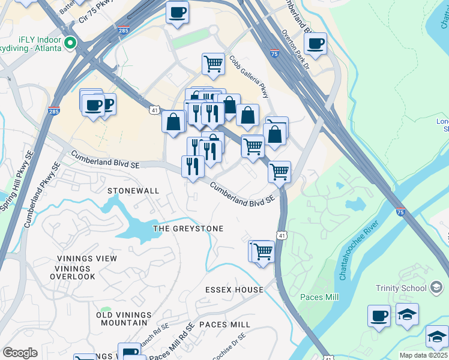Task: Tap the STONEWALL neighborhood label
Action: coord(133,191)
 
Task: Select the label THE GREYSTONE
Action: coord(188,229)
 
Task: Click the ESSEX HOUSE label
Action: coord(234,290)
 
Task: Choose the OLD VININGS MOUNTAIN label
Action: coord(124,319)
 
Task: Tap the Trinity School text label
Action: coord(401,288)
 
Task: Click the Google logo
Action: coord(20,353)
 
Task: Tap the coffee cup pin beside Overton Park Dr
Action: coord(315,43)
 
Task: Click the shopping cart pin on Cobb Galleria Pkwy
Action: coord(213,64)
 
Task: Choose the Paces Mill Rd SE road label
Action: coord(172,347)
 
